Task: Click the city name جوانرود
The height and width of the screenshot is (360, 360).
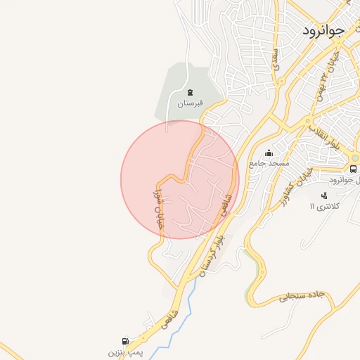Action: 325,30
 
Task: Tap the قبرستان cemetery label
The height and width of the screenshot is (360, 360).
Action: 189,103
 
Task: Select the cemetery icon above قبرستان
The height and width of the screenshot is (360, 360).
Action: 189,92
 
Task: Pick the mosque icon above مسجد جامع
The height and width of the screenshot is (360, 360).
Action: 269,153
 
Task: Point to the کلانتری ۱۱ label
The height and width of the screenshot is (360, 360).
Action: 325,207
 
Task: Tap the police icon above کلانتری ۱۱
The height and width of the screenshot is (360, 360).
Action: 323,195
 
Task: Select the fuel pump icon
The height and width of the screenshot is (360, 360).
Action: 126,341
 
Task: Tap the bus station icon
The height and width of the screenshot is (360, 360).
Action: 353,169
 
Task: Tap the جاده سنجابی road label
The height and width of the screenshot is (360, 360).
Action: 302,297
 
